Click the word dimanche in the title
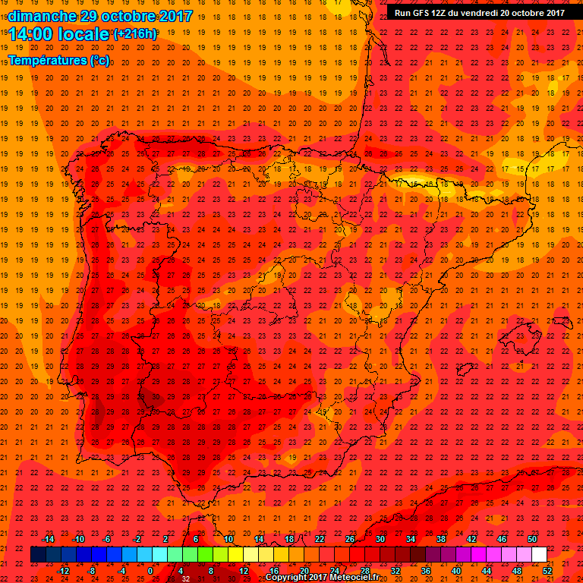[x=43, y=15]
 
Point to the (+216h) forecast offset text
[x=135, y=33]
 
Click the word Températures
[x=47, y=60]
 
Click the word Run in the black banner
[x=402, y=13]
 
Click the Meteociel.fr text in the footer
[x=354, y=578]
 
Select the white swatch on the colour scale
[x=540, y=555]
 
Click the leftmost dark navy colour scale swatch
[x=38, y=555]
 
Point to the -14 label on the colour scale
[x=49, y=539]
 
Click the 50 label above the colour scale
[x=533, y=539]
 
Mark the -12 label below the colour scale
[x=64, y=571]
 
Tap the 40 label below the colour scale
[x=456, y=571]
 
